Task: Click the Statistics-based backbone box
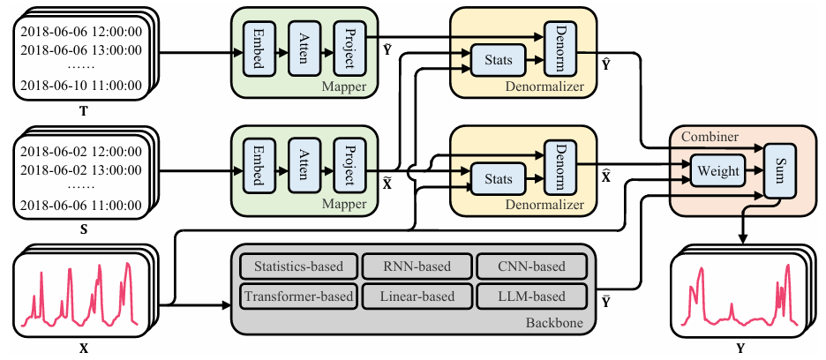coord(297,266)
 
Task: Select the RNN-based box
coord(415,266)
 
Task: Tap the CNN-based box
coord(531,266)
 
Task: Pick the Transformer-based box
coord(297,296)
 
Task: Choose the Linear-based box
coord(415,296)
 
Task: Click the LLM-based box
coord(531,296)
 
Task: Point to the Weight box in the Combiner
coord(719,171)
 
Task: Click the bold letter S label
coord(83,228)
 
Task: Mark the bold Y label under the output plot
coord(740,349)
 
